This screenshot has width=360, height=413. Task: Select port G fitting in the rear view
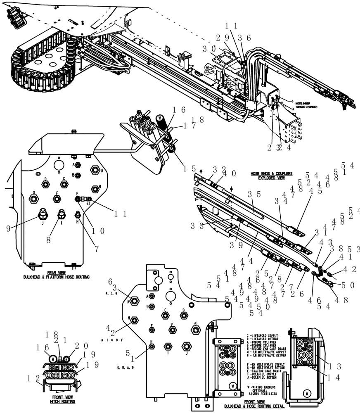coord(33,199)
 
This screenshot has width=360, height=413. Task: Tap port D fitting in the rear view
coord(46,183)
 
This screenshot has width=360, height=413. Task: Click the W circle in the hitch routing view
coord(53,358)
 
